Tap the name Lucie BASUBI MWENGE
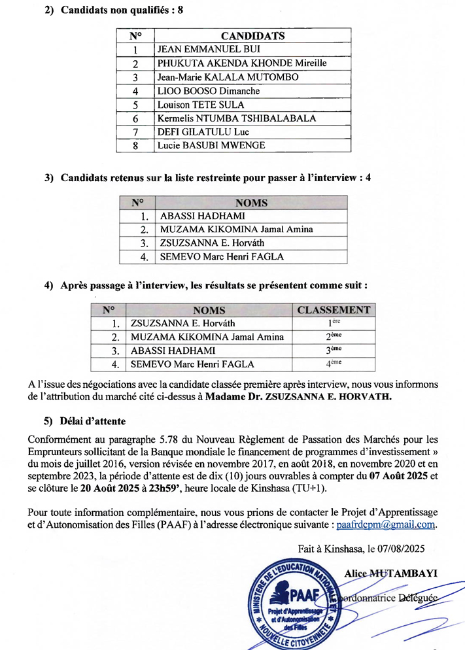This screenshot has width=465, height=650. coord(211,145)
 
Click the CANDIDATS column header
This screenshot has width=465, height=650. coord(252,35)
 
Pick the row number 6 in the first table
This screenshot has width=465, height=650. coord(135,118)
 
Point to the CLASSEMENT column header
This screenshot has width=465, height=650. coord(334,311)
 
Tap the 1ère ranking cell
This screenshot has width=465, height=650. coord(334,323)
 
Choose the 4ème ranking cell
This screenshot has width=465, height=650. coord(334,364)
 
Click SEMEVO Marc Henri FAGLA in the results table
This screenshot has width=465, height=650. coord(192,364)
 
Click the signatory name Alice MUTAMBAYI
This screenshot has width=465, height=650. coord(390,573)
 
